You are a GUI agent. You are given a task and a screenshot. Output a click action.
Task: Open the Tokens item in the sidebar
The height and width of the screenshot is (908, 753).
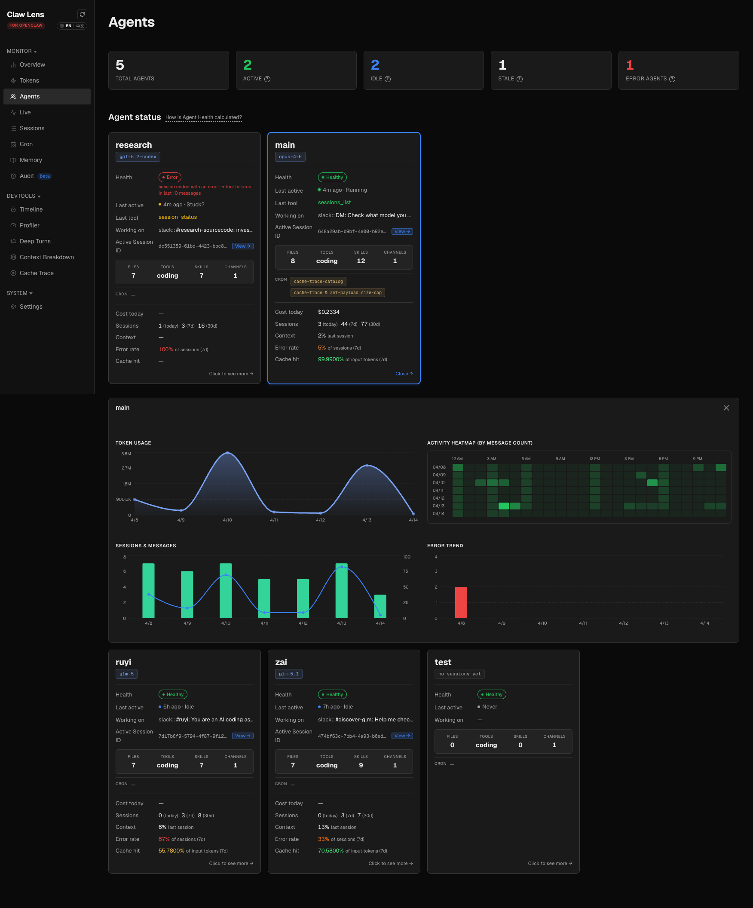[29, 80]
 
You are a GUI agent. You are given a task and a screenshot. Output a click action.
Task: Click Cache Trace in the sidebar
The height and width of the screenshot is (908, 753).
[36, 273]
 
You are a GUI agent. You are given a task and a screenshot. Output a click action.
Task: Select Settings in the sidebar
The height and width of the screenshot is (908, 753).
[31, 307]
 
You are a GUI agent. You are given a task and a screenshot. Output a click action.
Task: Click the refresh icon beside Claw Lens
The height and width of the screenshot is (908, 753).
[82, 14]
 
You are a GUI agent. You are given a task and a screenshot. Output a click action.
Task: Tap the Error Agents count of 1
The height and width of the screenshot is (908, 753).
[630, 65]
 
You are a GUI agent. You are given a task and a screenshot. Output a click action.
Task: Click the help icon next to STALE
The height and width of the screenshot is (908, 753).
[520, 79]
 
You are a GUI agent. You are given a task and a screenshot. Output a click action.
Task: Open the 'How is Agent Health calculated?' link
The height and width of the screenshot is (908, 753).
[204, 117]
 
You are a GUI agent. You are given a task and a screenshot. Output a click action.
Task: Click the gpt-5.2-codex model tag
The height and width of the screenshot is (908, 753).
[138, 156]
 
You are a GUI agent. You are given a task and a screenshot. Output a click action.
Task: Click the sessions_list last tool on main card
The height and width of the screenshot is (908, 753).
[334, 202]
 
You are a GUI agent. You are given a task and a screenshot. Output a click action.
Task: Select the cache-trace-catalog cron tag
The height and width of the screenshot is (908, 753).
[318, 282]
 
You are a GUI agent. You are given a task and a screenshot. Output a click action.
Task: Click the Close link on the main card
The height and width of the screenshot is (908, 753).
[404, 374]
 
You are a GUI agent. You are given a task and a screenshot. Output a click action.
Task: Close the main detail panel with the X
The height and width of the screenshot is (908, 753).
[726, 408]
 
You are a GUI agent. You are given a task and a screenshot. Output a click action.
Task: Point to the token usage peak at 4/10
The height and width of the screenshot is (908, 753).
[228, 453]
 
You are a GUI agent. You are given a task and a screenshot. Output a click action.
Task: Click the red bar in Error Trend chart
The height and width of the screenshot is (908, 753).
[461, 602]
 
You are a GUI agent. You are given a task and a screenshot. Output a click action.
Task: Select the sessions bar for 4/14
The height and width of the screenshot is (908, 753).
[380, 606]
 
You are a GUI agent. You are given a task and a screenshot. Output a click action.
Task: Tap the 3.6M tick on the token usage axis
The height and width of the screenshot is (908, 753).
[126, 454]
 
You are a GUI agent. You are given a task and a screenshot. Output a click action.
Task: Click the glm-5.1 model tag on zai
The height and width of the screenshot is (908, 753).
[289, 674]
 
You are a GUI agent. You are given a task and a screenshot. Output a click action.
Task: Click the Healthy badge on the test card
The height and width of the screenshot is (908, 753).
[492, 694]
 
